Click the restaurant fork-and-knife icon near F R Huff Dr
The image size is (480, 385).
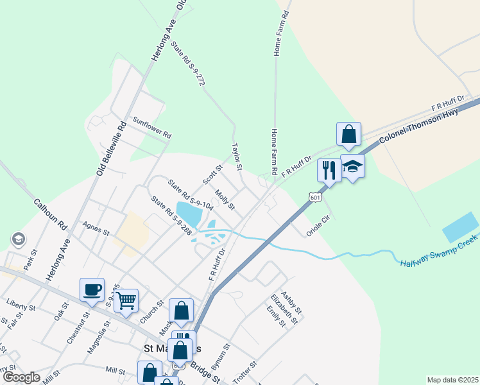point(329,170)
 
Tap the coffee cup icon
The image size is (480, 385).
point(92,289)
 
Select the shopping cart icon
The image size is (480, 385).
point(126,299)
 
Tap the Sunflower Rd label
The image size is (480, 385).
point(152,127)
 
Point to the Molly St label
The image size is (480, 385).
point(225,200)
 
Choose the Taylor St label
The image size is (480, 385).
point(237,157)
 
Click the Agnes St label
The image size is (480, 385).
point(96,228)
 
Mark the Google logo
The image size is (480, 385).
point(21,377)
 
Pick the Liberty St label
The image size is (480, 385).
point(19,302)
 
